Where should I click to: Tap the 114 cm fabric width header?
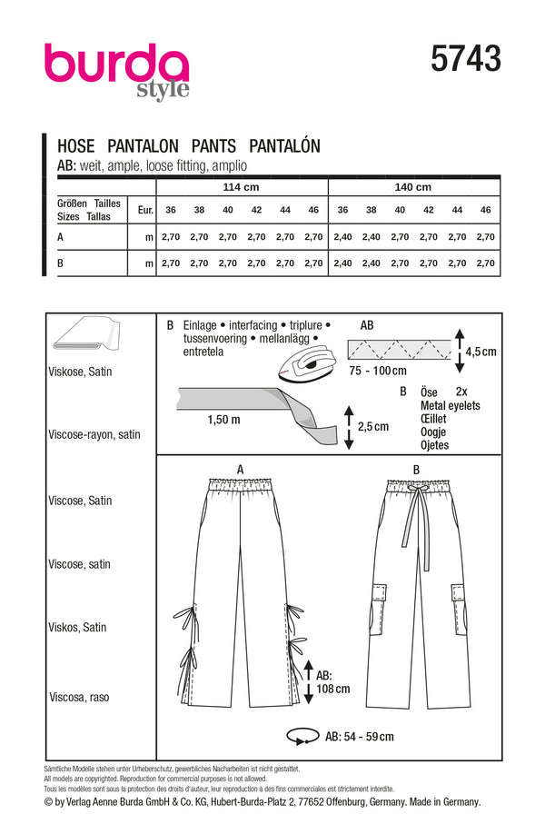pyautogui.click(x=242, y=187)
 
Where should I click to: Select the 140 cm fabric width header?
pyautogui.click(x=411, y=187)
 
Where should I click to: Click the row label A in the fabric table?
pyautogui.click(x=60, y=236)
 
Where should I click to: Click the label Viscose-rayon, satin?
pyautogui.click(x=94, y=435)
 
